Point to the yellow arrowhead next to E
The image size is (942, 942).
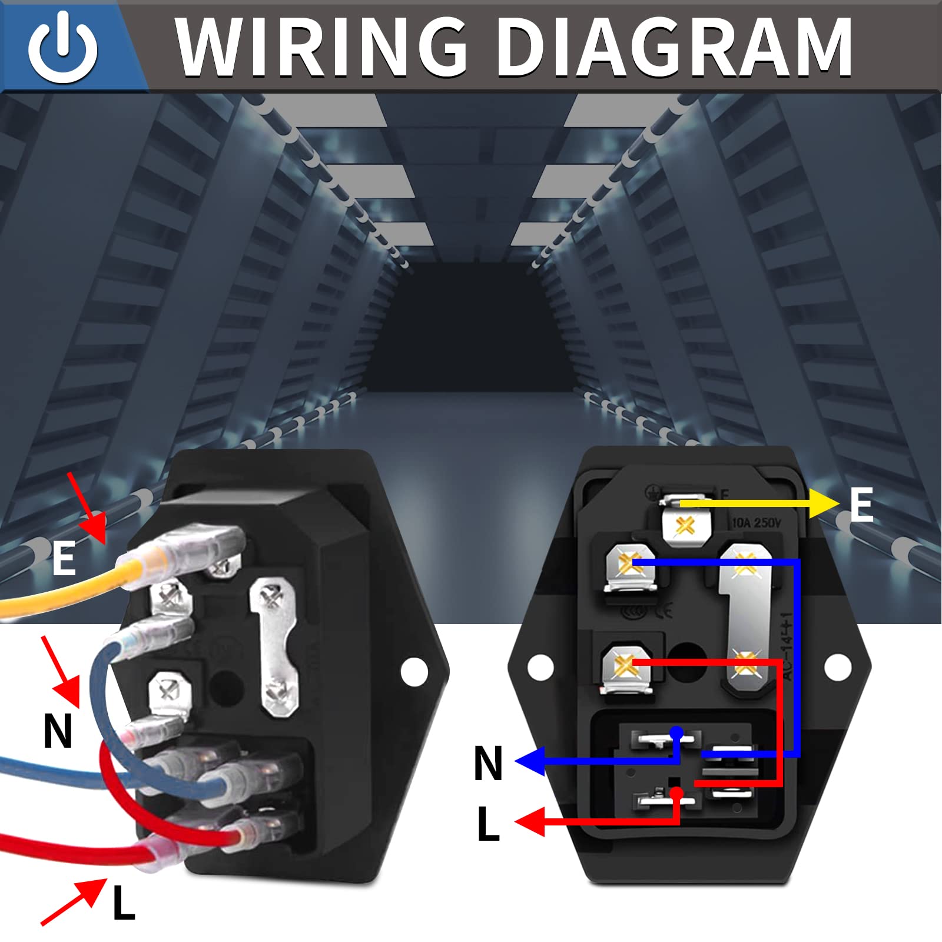click(824, 504)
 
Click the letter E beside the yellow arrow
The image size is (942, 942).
click(861, 505)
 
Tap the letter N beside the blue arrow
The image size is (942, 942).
click(488, 763)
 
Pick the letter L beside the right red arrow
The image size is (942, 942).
click(488, 824)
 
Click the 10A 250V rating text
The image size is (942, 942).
click(756, 522)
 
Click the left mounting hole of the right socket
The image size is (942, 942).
click(540, 667)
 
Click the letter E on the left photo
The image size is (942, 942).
click(64, 559)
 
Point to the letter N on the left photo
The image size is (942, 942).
click(58, 731)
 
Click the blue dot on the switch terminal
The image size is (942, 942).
click(676, 733)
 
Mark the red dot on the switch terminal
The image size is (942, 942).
click(676, 793)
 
